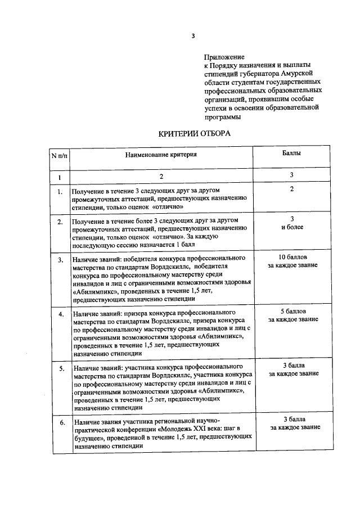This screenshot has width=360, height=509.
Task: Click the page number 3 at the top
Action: point(193,37)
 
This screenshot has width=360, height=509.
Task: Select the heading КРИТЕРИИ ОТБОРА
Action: point(193,133)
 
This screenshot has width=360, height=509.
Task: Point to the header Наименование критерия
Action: point(161,154)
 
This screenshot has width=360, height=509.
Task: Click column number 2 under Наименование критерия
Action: point(161,177)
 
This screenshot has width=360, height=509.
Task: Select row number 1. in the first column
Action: point(59,192)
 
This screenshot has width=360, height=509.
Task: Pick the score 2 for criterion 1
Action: point(291,190)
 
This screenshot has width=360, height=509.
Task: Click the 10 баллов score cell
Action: point(292,261)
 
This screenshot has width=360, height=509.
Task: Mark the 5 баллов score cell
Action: point(292,315)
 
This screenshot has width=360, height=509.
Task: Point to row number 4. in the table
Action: point(59,313)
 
